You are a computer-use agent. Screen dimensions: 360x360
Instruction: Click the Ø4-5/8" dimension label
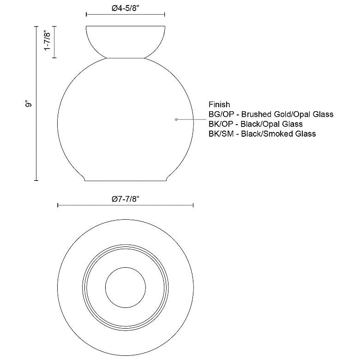tap(126, 8)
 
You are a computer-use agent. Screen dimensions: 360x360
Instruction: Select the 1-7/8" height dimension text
tap(47, 41)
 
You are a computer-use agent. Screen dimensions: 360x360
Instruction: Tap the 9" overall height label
tap(29, 104)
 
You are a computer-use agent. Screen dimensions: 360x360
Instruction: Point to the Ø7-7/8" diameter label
tap(126, 199)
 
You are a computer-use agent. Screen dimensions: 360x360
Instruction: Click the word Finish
tap(219, 104)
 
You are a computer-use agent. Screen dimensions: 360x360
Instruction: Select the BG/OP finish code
tap(222, 114)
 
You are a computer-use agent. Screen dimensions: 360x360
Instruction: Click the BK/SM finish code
tap(221, 134)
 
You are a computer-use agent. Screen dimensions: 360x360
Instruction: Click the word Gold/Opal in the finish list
tap(293, 114)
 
